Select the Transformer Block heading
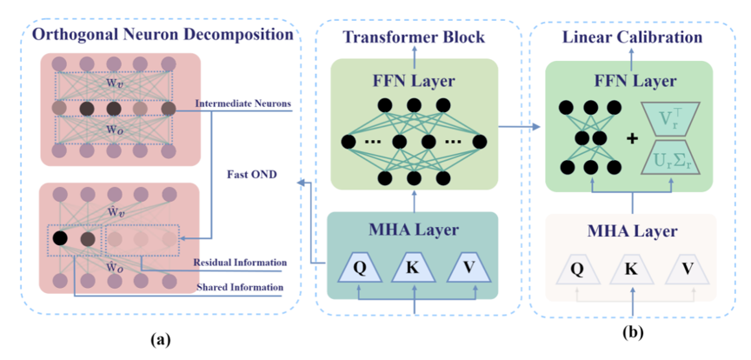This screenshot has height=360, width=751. (414, 37)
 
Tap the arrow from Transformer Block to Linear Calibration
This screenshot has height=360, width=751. (516, 129)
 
